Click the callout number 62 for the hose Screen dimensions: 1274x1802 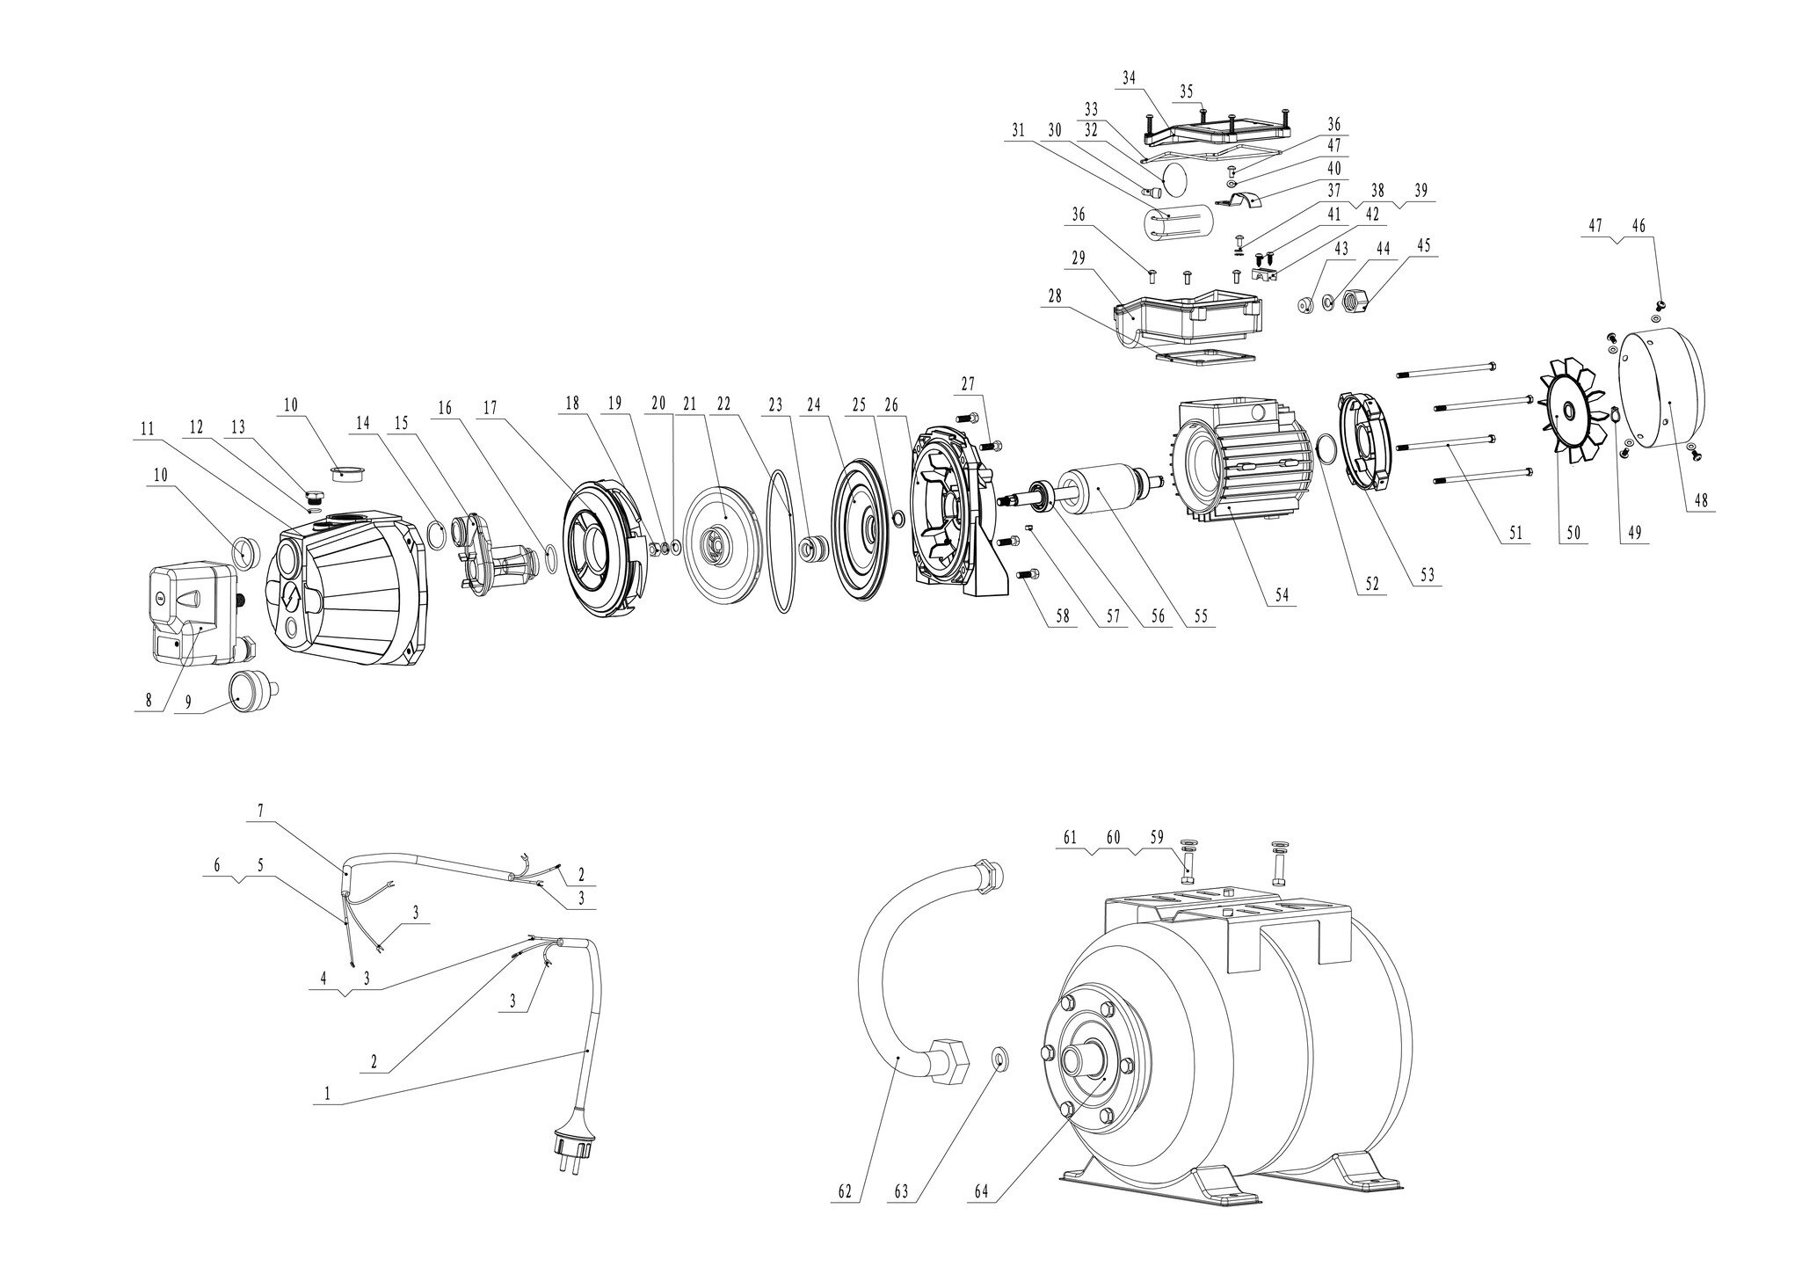click(845, 1191)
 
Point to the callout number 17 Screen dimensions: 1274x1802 click(490, 408)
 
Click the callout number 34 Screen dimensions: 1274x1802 click(1130, 77)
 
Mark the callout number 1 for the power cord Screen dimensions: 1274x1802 click(327, 1093)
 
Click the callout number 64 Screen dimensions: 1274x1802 click(983, 1191)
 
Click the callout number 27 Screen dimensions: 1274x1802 click(967, 384)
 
